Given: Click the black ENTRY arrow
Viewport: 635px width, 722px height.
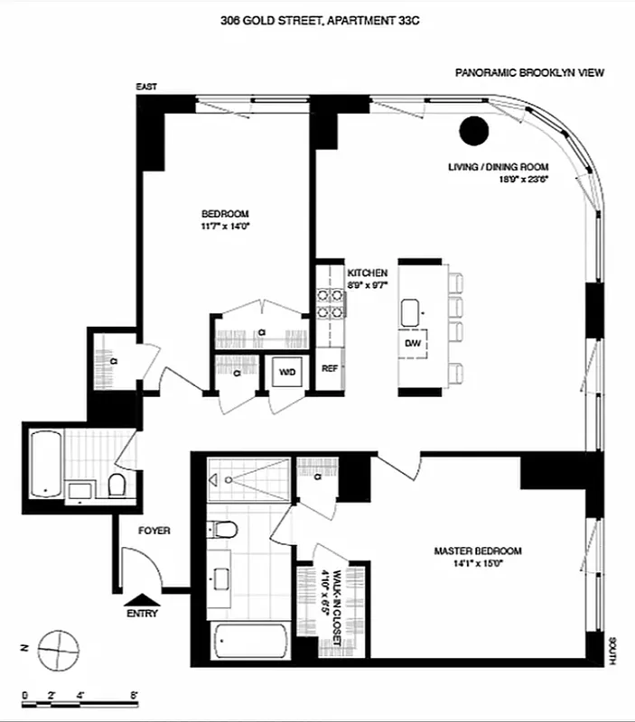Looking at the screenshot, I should coord(143,597).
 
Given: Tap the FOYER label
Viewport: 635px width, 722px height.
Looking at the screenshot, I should coord(155,532).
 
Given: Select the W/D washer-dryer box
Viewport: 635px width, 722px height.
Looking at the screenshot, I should coord(288,372).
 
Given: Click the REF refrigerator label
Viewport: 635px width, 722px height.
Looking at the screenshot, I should coord(330,368).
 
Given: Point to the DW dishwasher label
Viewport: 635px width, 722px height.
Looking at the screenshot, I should coord(413,344).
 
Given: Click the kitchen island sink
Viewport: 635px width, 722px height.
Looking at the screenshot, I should coord(416,311).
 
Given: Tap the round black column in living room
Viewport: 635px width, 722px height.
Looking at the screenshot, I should coord(473,132).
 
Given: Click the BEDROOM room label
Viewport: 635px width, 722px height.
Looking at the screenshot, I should coord(225,214).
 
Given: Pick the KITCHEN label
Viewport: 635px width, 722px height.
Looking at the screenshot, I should coord(368,272).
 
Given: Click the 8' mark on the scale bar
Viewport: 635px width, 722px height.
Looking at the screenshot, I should coord(134,695).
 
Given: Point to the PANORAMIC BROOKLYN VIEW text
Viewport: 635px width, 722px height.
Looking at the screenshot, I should coord(529,75).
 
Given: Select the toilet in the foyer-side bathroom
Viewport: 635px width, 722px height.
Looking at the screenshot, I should coord(115,487).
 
